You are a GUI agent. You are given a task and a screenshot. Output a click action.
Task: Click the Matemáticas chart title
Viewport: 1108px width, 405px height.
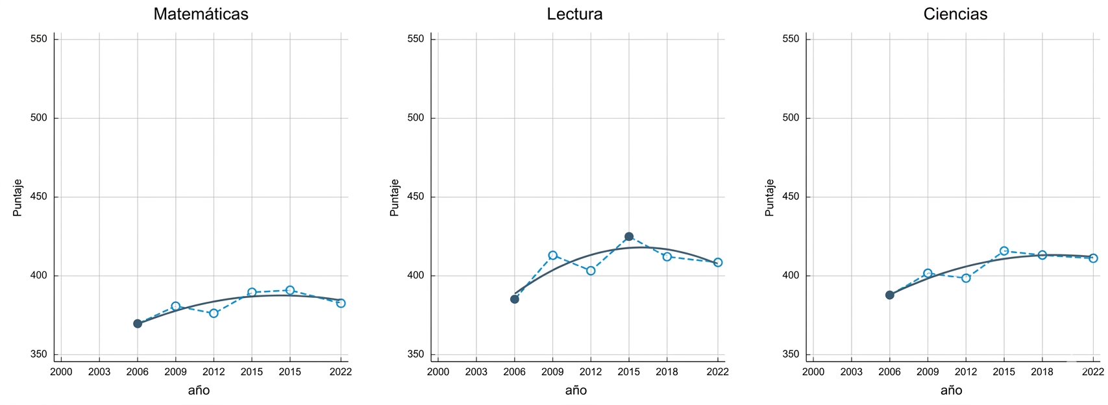click(x=201, y=14)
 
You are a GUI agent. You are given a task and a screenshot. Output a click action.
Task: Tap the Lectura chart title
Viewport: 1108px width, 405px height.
click(x=574, y=14)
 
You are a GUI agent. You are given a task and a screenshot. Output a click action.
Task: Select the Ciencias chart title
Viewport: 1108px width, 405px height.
click(x=955, y=14)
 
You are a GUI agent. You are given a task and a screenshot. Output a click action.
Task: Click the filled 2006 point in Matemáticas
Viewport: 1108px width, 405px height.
click(x=138, y=323)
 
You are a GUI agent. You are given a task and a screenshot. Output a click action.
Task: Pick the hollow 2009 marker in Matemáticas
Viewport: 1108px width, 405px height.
click(x=175, y=306)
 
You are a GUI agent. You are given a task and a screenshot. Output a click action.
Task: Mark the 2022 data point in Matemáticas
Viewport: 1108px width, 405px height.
click(x=341, y=303)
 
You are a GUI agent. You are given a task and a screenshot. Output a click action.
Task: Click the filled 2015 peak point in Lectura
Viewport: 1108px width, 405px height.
click(x=628, y=237)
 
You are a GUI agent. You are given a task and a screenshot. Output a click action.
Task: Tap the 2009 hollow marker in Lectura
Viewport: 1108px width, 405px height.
click(x=552, y=255)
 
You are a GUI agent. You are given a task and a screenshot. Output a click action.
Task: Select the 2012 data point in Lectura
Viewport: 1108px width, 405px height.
click(x=591, y=271)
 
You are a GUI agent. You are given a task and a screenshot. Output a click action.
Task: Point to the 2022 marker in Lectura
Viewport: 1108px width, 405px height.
click(x=717, y=262)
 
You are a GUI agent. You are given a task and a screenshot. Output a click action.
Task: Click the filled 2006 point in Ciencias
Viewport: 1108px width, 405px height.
click(x=889, y=295)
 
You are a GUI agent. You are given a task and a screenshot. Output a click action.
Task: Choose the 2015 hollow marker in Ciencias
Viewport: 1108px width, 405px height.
click(x=1003, y=251)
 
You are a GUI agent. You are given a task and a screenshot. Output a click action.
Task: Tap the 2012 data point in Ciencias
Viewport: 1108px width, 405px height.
click(x=966, y=278)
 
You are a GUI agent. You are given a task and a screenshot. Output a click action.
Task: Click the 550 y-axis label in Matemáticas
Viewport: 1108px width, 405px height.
click(x=39, y=39)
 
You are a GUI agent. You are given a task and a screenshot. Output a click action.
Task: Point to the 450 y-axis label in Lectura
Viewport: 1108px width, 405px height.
click(x=415, y=197)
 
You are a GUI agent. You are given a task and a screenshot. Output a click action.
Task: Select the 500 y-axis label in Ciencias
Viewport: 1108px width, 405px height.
click(x=791, y=118)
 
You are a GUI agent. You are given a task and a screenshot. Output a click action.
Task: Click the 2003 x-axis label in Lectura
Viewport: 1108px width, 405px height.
click(x=476, y=372)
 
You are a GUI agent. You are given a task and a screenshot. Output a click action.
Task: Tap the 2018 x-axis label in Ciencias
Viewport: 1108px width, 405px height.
click(x=1042, y=372)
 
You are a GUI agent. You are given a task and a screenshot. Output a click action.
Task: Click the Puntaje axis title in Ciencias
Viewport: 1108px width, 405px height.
click(x=770, y=197)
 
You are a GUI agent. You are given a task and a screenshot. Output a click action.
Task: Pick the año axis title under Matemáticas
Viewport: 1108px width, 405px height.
click(x=199, y=390)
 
